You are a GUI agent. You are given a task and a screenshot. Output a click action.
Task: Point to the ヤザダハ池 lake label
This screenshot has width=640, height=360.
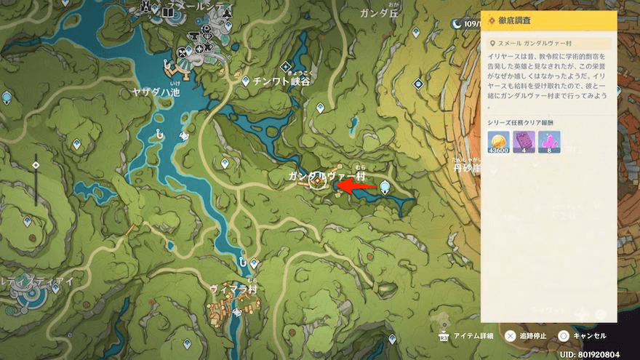tap(156, 92)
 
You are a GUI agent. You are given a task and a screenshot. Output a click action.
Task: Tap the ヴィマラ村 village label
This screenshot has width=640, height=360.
tap(233, 289)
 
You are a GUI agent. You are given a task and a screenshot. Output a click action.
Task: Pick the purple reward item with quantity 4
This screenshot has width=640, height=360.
tap(524, 142)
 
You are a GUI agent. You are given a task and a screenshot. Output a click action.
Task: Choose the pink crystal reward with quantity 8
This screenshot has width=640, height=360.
tap(549, 142)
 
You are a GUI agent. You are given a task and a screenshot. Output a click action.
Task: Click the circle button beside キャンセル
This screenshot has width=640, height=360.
tap(564, 336)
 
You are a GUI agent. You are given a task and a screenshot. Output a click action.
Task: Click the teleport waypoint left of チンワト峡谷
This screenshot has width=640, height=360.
tap(247, 81)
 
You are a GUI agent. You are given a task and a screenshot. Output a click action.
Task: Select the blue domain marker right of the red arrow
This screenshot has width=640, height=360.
tap(384, 187)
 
